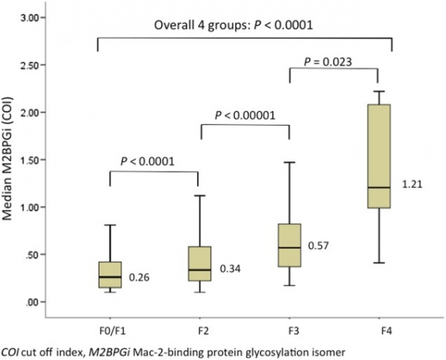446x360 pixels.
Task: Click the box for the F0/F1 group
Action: point(110,274)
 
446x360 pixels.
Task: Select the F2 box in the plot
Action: point(200,263)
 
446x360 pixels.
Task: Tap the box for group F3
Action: point(289,245)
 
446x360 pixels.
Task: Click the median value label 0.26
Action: point(139,278)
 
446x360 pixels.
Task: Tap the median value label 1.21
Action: point(411,183)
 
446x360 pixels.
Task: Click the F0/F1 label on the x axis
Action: point(110,325)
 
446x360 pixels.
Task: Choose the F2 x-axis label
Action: point(200,325)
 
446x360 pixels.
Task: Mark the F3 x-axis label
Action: point(290,325)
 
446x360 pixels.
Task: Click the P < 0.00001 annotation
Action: point(245,115)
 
